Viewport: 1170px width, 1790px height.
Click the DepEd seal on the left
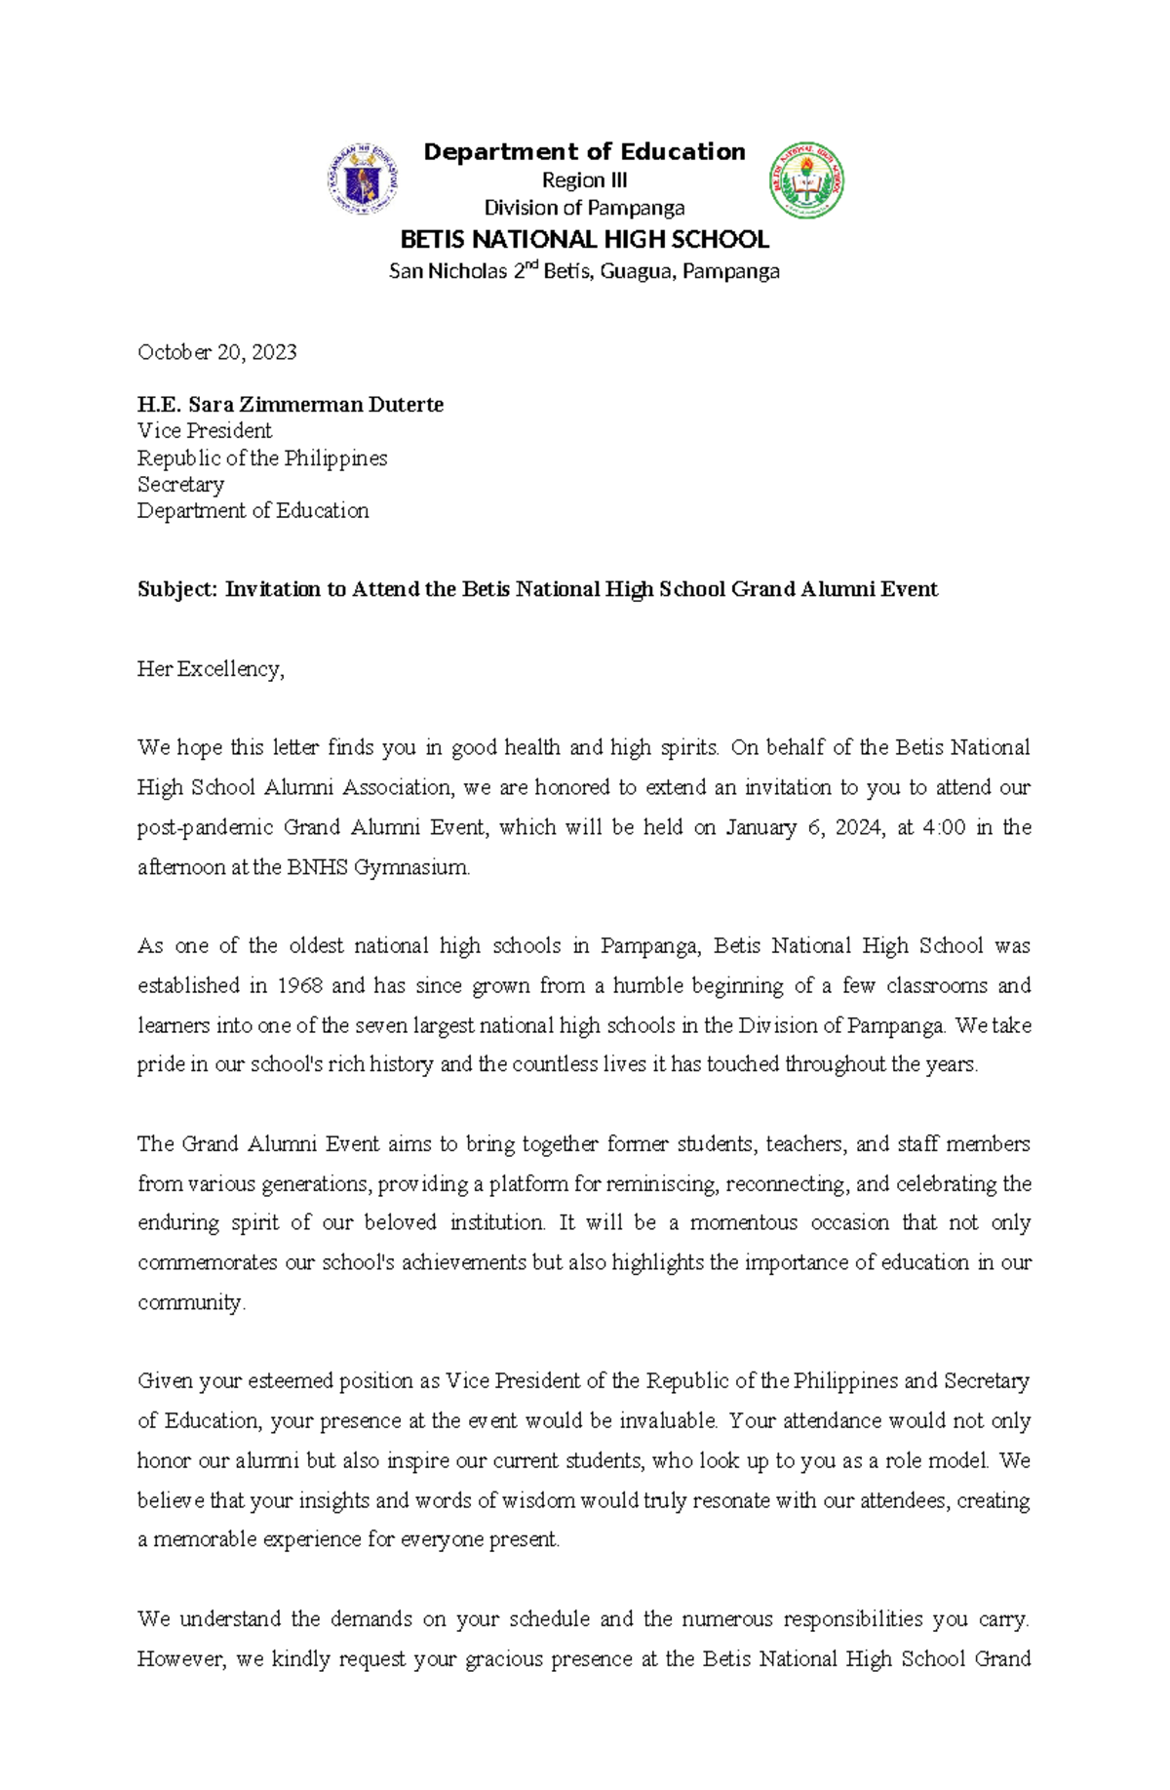pos(363,179)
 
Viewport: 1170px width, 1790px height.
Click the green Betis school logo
pos(806,180)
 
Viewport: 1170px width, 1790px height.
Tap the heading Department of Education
pos(584,152)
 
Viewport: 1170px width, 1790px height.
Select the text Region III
pos(584,180)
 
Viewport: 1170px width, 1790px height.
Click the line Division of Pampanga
pos(584,208)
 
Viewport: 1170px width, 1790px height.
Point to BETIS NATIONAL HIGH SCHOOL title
pos(584,239)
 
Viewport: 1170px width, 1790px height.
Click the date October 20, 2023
pos(216,352)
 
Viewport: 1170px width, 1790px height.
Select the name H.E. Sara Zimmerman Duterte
pos(290,405)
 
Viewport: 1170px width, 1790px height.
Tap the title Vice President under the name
pos(204,431)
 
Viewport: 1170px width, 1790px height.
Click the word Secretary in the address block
pos(180,485)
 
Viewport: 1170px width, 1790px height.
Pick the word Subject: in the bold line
pos(177,589)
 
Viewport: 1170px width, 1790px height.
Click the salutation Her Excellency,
pos(211,669)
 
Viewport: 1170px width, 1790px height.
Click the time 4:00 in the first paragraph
pos(943,827)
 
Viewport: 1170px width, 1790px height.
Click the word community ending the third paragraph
pos(190,1302)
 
